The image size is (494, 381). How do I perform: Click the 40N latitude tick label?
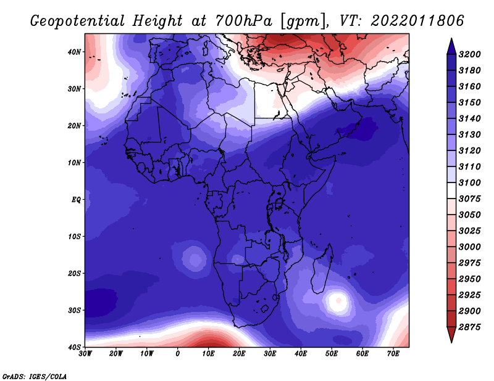[x=74, y=52]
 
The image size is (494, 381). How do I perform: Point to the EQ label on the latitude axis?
[x=76, y=200]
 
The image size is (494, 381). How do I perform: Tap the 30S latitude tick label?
[x=74, y=311]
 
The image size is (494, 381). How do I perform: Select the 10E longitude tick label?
[x=208, y=354]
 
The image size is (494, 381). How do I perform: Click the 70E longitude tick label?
[x=393, y=354]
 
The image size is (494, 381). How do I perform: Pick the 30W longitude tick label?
[x=85, y=354]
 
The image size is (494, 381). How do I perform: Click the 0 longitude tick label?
[x=178, y=354]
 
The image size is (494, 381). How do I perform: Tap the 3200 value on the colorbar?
[x=470, y=54]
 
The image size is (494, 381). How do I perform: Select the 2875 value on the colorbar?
[x=470, y=327]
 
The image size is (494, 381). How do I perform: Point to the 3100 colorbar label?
[x=470, y=182]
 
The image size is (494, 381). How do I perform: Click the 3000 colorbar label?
[x=470, y=247]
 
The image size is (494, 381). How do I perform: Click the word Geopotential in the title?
[x=78, y=21]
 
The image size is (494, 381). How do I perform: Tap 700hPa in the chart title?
[x=243, y=21]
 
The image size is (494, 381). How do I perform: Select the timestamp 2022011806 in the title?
[x=417, y=21]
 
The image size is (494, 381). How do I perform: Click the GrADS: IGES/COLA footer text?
[x=35, y=377]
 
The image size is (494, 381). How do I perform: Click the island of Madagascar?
[x=321, y=271]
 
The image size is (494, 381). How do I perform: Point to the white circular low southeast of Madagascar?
[x=338, y=301]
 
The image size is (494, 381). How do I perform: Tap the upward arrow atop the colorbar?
[x=451, y=46]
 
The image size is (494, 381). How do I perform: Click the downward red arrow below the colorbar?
[x=451, y=335]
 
